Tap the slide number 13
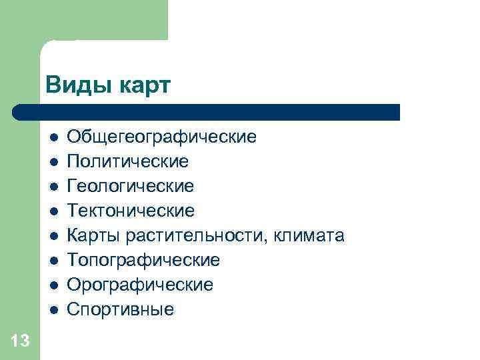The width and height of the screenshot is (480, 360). tap(20, 342)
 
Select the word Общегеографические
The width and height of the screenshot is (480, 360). tap(162, 137)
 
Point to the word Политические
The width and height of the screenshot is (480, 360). tap(129, 161)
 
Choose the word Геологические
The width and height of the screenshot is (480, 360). tap(131, 186)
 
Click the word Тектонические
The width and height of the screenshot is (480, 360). tap(132, 211)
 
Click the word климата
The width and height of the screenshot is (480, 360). tap(304, 235)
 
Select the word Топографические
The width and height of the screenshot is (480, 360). tap(144, 260)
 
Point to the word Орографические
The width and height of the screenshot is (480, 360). tap(141, 285)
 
